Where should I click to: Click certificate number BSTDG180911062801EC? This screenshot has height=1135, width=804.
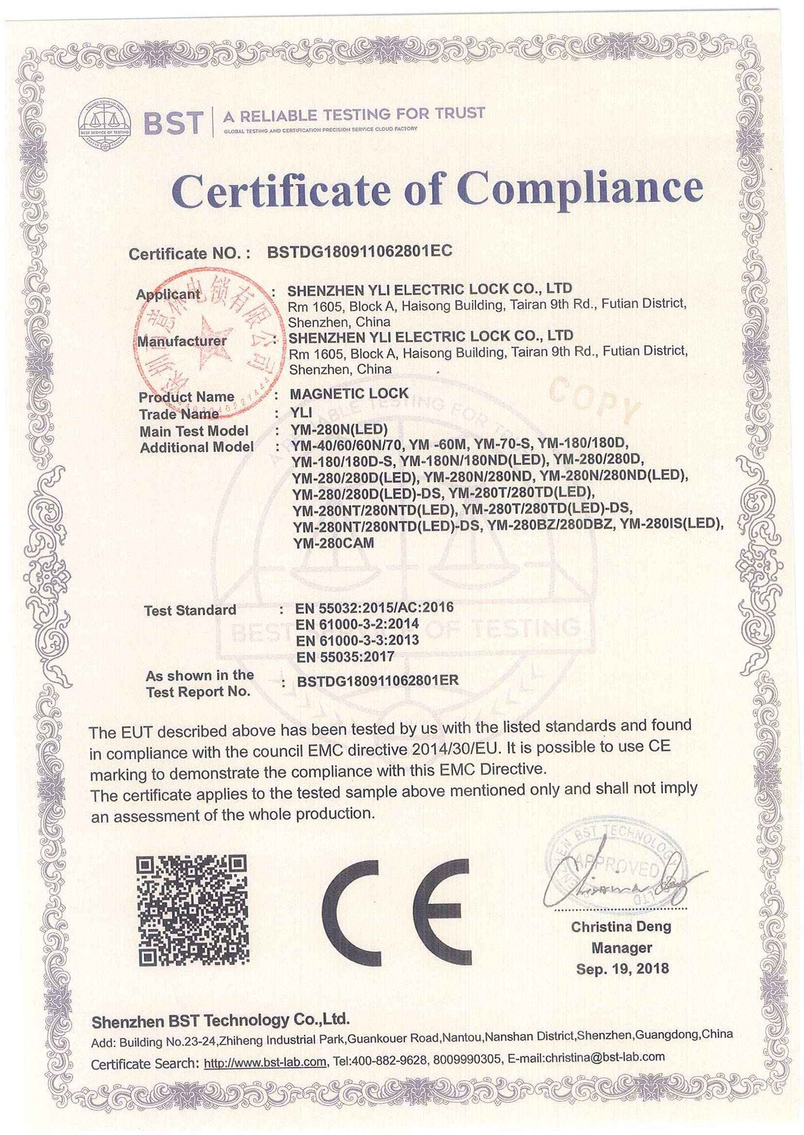360,251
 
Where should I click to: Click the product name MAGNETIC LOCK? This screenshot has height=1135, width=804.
349,393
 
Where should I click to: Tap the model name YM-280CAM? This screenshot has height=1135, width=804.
333,543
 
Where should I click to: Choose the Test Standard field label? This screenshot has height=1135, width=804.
190,610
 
